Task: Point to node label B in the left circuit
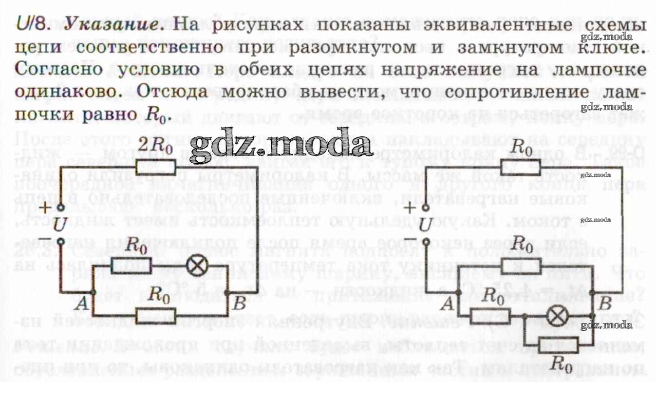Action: point(239,304)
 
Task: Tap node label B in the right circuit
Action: point(604,304)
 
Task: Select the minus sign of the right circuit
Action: point(411,239)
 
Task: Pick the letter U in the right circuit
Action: point(425,225)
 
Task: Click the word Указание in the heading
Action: point(115,25)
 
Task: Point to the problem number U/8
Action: point(33,24)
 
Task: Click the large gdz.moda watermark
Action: point(281,145)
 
